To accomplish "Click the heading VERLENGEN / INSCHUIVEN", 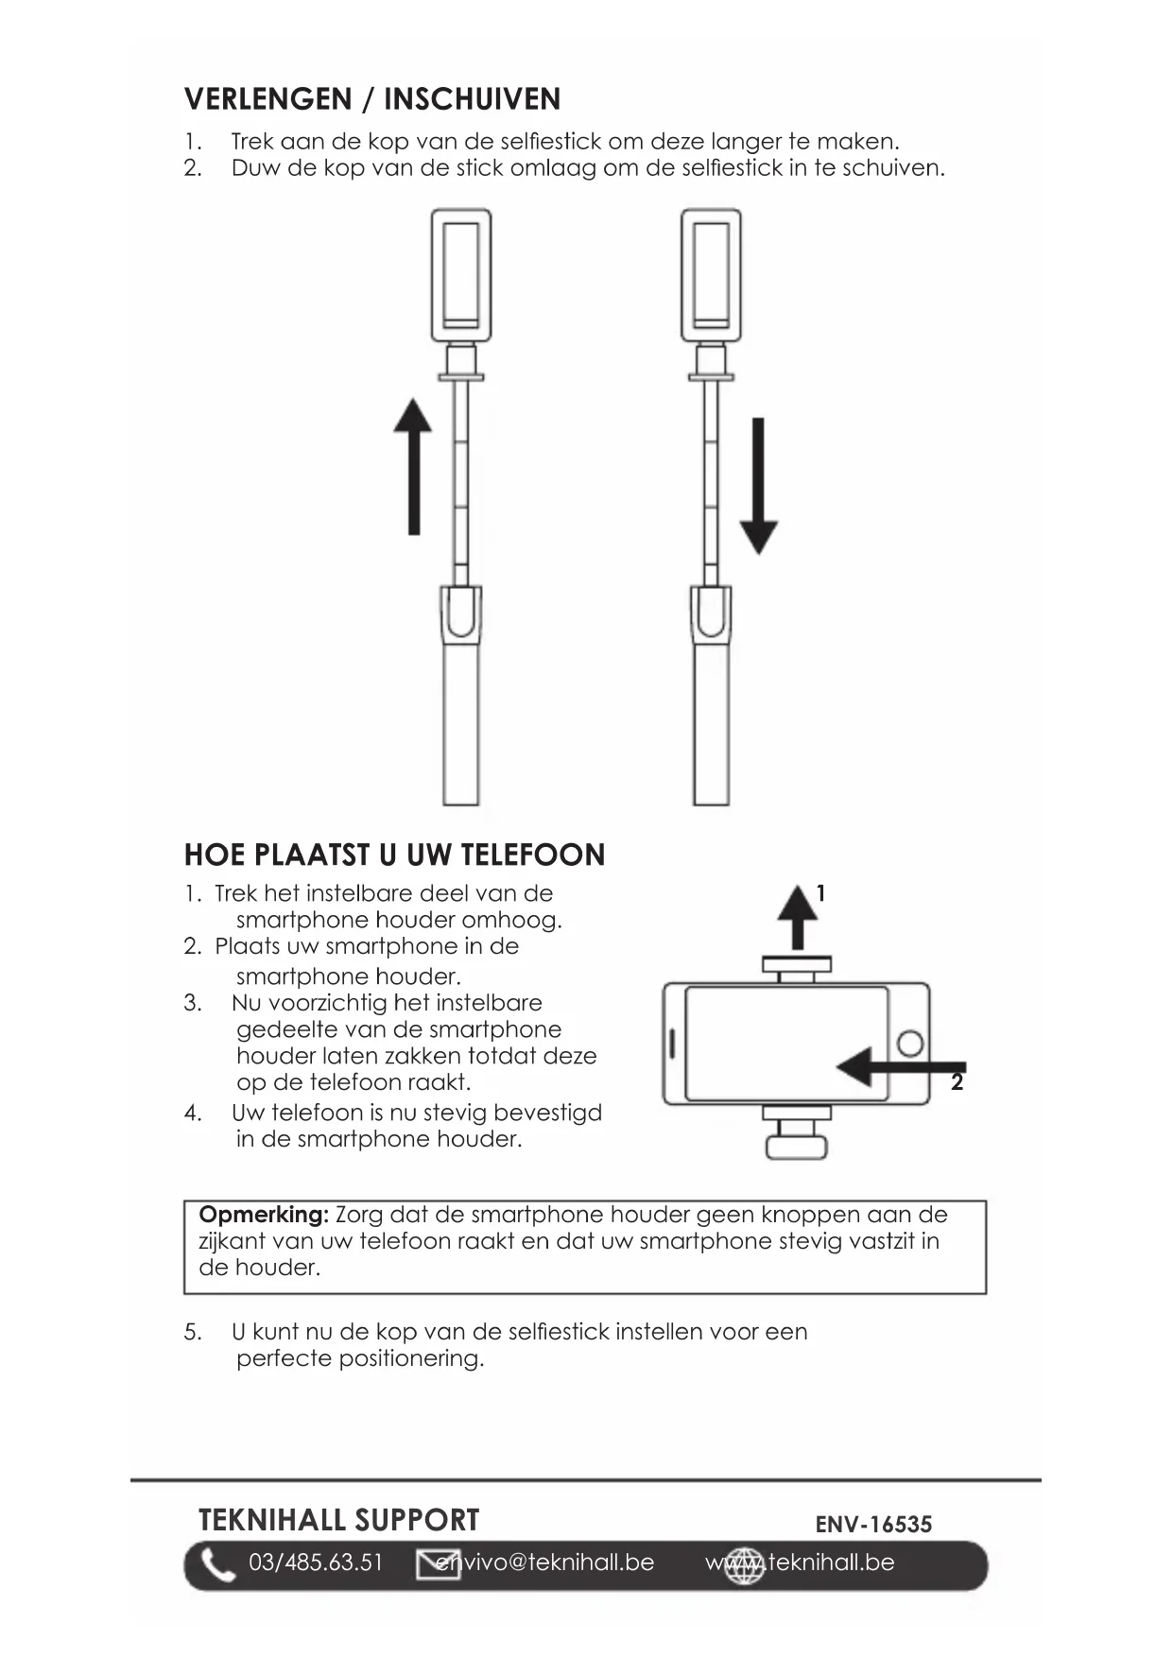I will (x=372, y=99).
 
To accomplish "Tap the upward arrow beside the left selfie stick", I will (x=413, y=467).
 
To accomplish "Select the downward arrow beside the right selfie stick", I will (x=758, y=486).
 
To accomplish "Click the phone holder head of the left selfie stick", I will (x=461, y=274).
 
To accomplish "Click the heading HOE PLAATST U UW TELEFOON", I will (x=394, y=855).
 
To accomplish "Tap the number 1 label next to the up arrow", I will (x=820, y=893).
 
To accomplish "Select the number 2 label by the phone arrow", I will (x=957, y=1083).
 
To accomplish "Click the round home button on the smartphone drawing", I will (x=910, y=1044).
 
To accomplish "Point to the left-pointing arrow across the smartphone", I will (x=898, y=1067).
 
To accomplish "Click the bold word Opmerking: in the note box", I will (x=264, y=1215).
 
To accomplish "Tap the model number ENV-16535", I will (x=873, y=1524).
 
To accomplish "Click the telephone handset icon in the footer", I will (x=217, y=1565).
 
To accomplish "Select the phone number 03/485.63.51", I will (x=316, y=1563).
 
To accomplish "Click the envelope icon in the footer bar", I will (x=438, y=1564).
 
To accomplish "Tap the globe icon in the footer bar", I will (x=744, y=1565).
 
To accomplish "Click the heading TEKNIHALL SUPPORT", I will (x=338, y=1520).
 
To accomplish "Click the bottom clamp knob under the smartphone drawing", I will (x=796, y=1147).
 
